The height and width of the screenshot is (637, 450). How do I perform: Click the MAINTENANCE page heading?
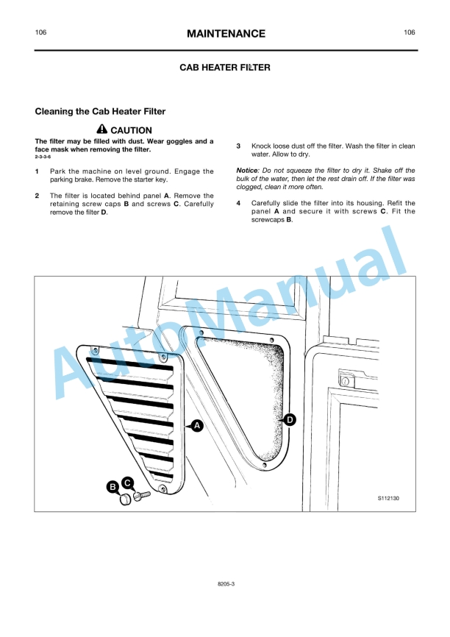pyautogui.click(x=226, y=34)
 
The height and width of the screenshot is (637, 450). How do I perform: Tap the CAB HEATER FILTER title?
pyautogui.click(x=225, y=68)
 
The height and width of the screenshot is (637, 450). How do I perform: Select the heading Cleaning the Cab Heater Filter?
pyautogui.click(x=100, y=111)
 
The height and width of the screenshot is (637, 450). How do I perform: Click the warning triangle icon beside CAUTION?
pyautogui.click(x=102, y=129)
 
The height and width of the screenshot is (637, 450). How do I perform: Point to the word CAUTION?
pyautogui.click(x=131, y=130)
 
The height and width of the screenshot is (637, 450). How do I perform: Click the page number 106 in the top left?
pyautogui.click(x=40, y=32)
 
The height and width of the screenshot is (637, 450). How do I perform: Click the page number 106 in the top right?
pyautogui.click(x=410, y=32)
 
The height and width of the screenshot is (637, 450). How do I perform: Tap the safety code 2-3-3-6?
pyautogui.click(x=43, y=157)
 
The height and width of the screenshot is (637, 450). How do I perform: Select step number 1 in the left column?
pyautogui.click(x=37, y=171)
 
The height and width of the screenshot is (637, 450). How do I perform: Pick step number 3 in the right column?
pyautogui.click(x=238, y=146)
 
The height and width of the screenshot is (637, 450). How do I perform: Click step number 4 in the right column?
pyautogui.click(x=238, y=203)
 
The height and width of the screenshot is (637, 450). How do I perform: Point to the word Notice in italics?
pyautogui.click(x=247, y=171)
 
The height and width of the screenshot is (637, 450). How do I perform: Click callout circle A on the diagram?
pyautogui.click(x=197, y=426)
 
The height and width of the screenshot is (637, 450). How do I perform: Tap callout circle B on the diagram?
pyautogui.click(x=113, y=487)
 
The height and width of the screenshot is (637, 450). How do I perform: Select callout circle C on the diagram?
pyautogui.click(x=127, y=483)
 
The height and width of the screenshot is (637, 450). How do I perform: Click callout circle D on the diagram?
pyautogui.click(x=290, y=420)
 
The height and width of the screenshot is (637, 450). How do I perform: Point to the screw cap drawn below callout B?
pyautogui.click(x=126, y=499)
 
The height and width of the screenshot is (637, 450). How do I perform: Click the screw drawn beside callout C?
pyautogui.click(x=142, y=496)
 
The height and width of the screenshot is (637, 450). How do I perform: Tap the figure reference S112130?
pyautogui.click(x=388, y=498)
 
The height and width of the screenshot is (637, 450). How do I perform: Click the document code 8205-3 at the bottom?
pyautogui.click(x=226, y=584)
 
